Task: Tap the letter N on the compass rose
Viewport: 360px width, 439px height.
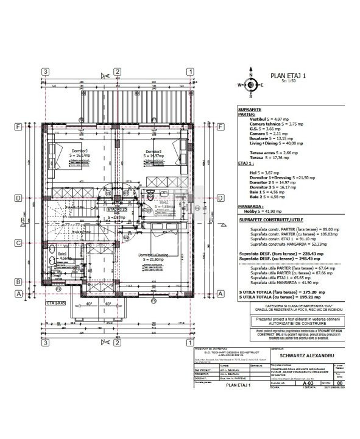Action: tap(241, 85)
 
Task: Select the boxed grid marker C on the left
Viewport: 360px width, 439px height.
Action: tap(19, 243)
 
